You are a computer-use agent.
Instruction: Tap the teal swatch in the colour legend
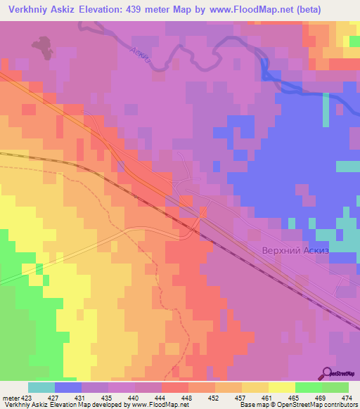[x=41, y=387]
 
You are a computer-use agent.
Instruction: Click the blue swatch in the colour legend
[x=68, y=387]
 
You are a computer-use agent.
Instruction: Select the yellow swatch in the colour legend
[x=282, y=387]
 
